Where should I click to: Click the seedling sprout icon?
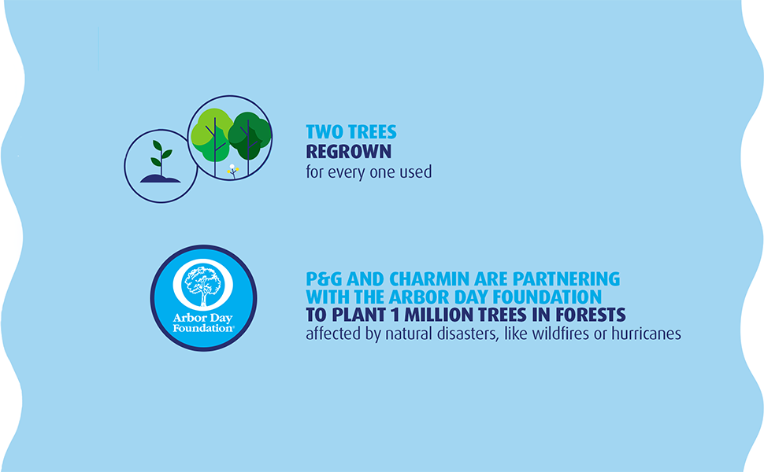(160, 157)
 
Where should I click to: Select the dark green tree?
(250, 131)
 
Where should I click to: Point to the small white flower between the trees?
(232, 169)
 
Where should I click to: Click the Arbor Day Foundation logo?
(203, 298)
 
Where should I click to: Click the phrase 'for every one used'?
(369, 171)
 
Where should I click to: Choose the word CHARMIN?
(419, 279)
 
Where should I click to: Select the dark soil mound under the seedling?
(160, 178)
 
